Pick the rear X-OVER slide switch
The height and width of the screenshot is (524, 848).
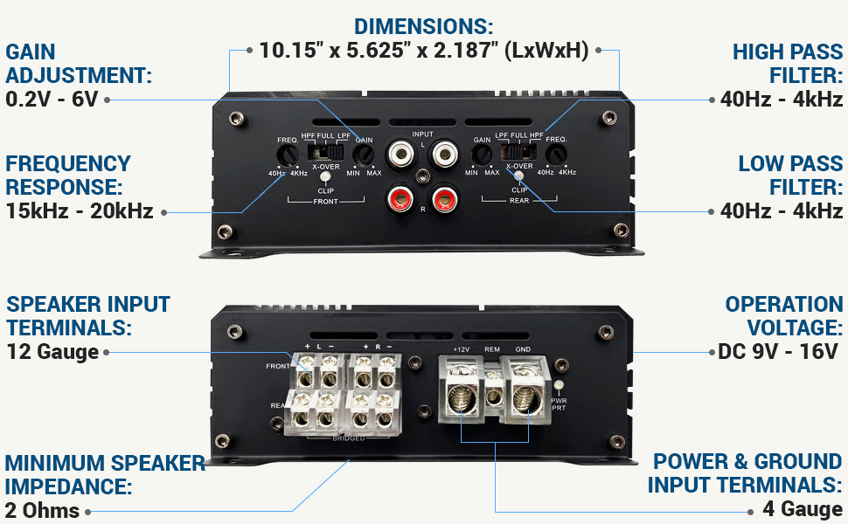[518, 153]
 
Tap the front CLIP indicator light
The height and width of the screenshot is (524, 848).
[325, 177]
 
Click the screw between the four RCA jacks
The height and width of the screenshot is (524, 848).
[422, 175]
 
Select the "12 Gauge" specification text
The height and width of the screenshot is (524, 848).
[52, 352]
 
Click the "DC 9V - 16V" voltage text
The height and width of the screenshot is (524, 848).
[777, 351]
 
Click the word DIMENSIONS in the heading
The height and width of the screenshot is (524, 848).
[423, 26]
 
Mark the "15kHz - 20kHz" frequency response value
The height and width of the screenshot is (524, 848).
[80, 210]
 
